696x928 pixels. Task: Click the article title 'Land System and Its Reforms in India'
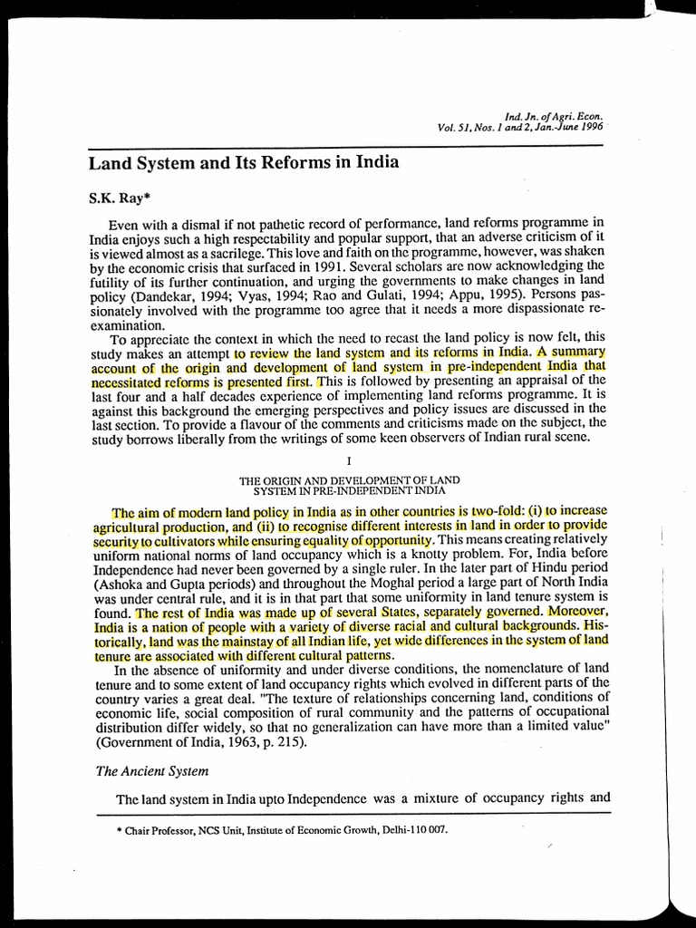point(243,164)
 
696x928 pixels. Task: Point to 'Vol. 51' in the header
point(457,127)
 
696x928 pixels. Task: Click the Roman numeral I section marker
point(348,460)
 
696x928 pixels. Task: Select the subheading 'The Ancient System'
point(152,771)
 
